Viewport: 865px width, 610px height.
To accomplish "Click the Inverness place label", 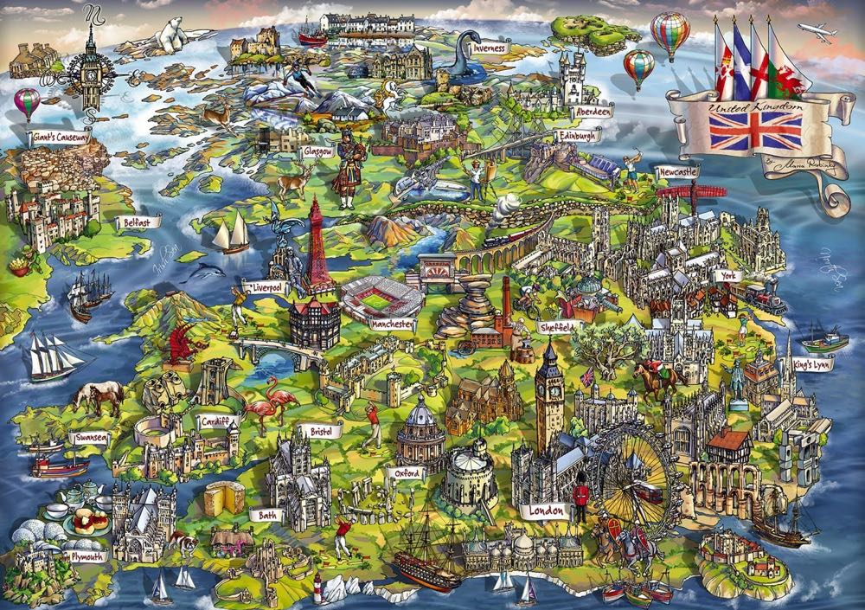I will coord(490,48).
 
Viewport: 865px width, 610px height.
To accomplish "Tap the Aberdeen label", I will coord(592,112).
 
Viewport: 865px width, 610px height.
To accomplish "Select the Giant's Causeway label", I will coord(58,137).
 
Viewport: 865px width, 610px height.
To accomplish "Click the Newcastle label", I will coord(676,172).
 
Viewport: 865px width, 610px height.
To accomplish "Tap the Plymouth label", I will coord(88,556).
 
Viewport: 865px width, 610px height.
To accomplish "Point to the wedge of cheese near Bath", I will coord(224,499).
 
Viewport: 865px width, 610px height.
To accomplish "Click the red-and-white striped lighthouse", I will coord(317,589).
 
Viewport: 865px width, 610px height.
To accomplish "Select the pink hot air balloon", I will coord(27,102).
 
